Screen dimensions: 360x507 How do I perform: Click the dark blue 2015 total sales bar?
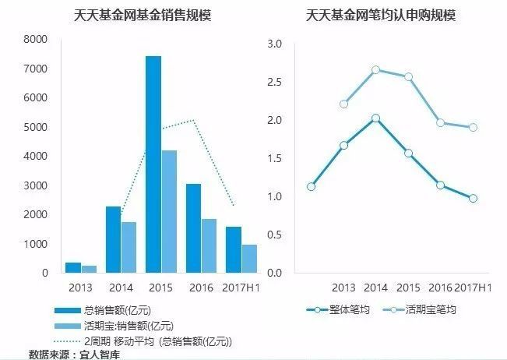coord(153,164)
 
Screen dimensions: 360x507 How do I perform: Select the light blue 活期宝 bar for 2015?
coord(169,211)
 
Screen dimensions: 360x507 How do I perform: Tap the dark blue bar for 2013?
coord(72,267)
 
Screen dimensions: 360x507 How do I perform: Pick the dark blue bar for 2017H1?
coord(234,249)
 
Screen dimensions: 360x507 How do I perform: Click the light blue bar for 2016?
coord(209,245)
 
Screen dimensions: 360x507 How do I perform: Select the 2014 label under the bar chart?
coord(121,288)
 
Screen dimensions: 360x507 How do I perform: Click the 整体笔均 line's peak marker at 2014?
coord(375,118)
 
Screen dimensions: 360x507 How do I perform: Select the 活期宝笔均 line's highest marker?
coord(375,70)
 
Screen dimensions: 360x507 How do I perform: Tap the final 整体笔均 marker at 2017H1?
coord(473,199)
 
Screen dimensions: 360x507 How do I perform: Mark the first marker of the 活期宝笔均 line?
coord(343,104)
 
